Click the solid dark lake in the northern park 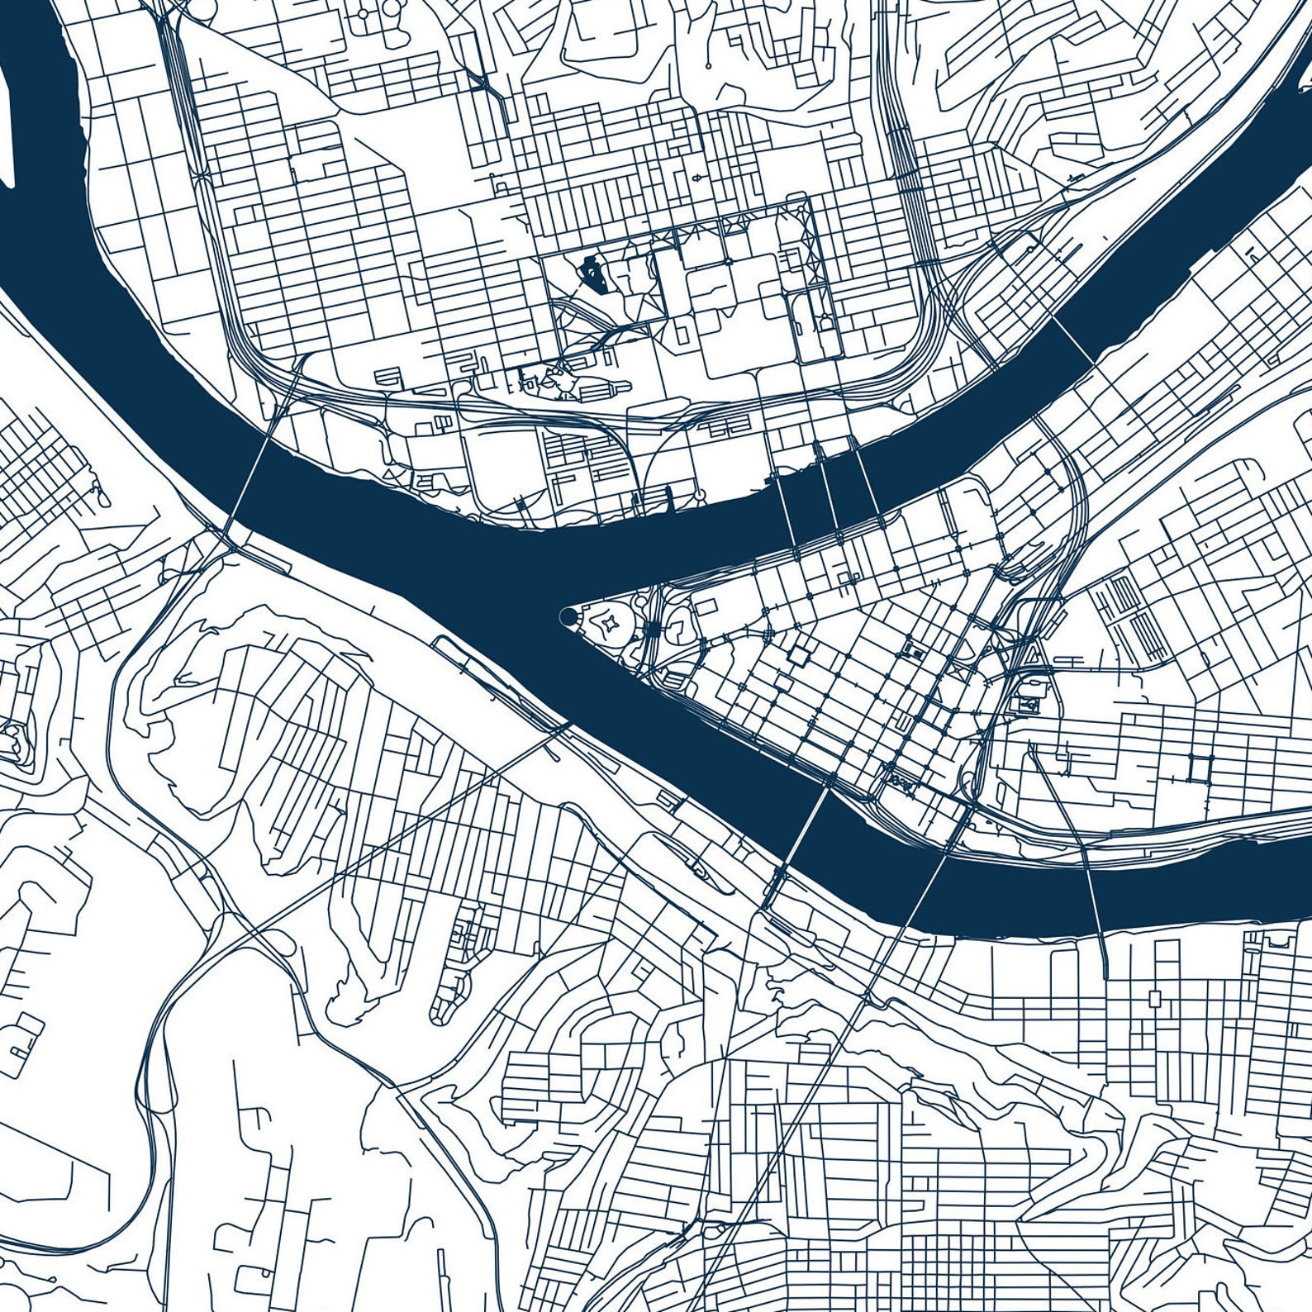(593, 273)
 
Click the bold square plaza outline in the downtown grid (800, 655)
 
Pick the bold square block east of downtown (1196, 768)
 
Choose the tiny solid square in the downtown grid (915, 653)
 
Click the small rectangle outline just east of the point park (706, 607)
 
